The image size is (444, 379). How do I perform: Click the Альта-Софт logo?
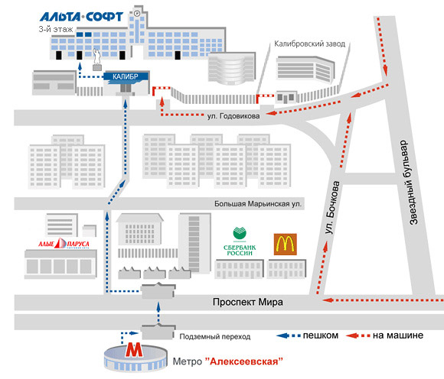point(81,17)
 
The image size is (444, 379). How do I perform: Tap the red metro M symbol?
point(134,350)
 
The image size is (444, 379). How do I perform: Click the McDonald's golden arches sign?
point(285,245)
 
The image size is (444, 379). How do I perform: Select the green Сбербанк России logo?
point(240,241)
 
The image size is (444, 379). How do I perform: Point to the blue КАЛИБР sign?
point(126,77)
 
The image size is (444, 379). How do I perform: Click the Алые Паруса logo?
point(64,244)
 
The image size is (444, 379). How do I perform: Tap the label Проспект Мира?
point(248,302)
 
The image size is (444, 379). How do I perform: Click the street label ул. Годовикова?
point(233,116)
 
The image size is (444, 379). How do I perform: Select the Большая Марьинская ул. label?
point(258,204)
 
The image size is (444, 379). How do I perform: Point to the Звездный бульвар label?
point(410,183)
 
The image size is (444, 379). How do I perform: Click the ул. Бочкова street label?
point(333,207)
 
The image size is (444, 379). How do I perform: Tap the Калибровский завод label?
point(310,44)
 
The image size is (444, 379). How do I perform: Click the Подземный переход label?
point(215,337)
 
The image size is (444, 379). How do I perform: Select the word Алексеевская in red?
point(243,361)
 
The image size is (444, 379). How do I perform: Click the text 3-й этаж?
point(56,29)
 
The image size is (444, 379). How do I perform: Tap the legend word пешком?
point(321,335)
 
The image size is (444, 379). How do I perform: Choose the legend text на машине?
point(398,335)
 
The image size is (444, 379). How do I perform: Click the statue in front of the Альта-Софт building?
point(97,60)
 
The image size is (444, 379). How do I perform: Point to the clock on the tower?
point(137,13)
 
